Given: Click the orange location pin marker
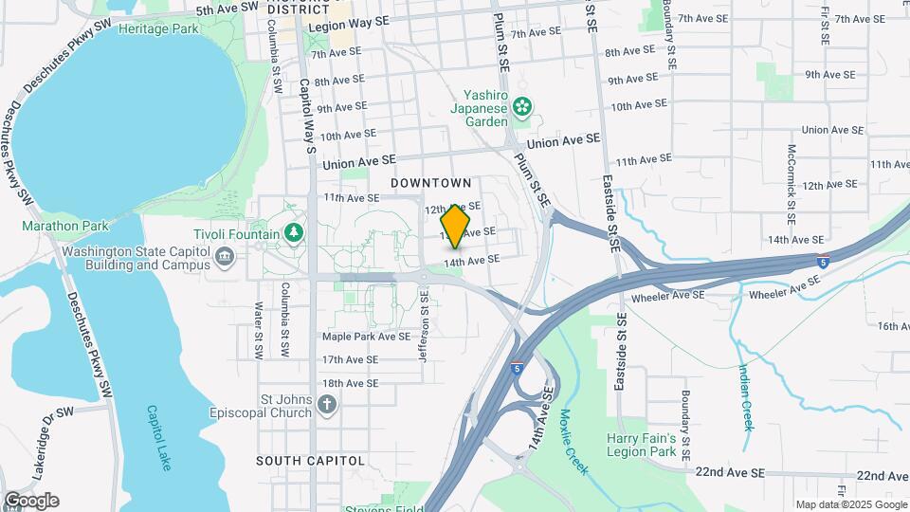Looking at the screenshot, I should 456,226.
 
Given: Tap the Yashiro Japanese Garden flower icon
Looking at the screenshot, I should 521,109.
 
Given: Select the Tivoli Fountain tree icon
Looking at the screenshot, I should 295,232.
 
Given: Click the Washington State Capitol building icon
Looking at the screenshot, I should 225,256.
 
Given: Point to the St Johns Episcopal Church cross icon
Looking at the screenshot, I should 327,406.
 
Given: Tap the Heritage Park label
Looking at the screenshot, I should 158,28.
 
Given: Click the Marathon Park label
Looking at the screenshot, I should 65,226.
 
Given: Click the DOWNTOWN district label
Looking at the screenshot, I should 431,182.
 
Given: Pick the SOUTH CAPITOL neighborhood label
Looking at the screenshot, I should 310,461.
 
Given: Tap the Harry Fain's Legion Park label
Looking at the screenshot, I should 642,446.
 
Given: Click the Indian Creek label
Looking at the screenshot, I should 745,396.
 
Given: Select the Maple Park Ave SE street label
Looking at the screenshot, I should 366,336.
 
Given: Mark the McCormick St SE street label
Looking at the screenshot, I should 790,178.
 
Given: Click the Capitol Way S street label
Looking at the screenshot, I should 308,115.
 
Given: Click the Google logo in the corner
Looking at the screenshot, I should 30,500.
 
